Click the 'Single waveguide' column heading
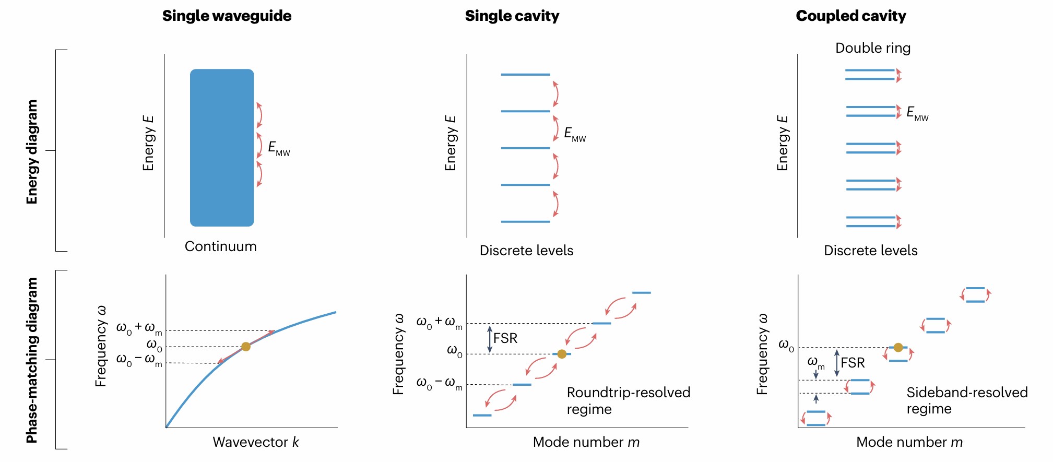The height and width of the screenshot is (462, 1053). (227, 16)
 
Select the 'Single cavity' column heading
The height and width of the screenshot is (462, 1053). (512, 16)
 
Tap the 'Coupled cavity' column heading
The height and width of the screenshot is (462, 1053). (850, 16)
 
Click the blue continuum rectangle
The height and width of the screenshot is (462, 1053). (222, 148)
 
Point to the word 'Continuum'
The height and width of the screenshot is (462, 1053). (220, 246)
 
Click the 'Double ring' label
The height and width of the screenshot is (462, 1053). (872, 48)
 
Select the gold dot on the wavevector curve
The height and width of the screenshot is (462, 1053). (246, 347)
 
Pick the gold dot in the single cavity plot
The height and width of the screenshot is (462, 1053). (562, 354)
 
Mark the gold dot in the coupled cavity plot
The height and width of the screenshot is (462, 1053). (898, 347)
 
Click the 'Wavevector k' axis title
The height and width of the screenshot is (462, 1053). (256, 442)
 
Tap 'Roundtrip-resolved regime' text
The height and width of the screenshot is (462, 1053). (628, 400)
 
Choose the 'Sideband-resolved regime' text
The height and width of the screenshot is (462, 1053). (966, 400)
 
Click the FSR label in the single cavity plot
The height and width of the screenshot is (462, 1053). (505, 338)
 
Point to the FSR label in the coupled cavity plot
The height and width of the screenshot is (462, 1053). (853, 363)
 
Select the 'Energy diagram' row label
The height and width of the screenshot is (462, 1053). (32, 151)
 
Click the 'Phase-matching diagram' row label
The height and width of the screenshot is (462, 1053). (32, 360)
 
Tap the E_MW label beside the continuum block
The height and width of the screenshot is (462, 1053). (279, 149)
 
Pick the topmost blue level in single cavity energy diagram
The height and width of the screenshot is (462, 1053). (525, 75)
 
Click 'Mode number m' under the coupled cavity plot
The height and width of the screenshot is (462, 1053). (909, 442)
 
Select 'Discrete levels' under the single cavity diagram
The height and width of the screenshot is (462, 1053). (526, 251)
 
